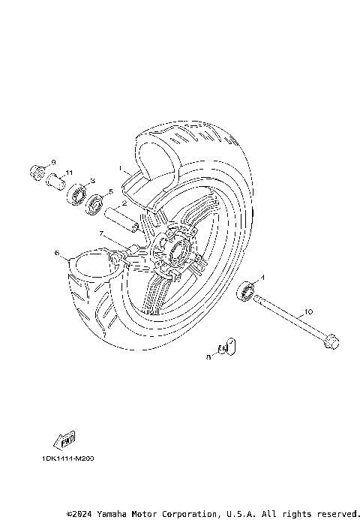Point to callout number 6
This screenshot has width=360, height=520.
point(56,254)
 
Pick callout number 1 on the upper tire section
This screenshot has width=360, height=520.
point(118,169)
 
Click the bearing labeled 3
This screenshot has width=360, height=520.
point(77,197)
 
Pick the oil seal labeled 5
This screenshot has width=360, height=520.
point(95,205)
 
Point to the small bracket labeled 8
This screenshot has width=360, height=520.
point(226,347)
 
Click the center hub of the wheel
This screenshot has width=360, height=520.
point(177,251)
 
